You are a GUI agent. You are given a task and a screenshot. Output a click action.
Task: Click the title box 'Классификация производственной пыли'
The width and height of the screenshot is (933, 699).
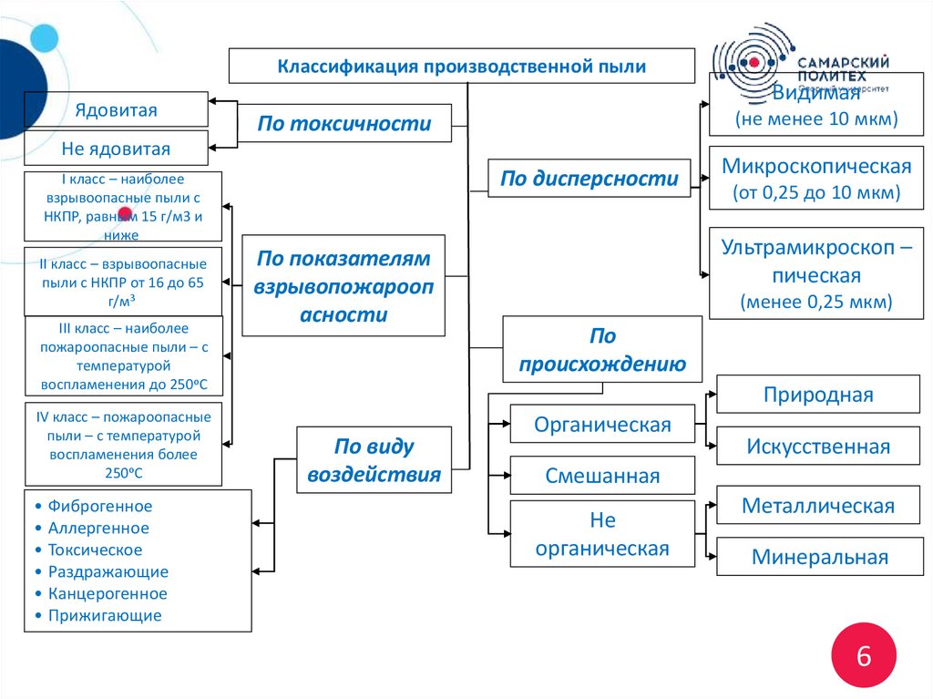point(461,67)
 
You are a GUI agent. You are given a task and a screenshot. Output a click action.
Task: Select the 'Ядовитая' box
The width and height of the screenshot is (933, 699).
point(116,110)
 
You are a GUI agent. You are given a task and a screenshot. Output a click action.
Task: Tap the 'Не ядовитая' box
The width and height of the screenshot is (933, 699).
point(116,149)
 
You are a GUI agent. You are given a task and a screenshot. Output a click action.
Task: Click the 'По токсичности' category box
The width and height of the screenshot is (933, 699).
point(344,124)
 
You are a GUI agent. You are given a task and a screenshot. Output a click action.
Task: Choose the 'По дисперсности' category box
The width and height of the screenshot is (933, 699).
point(590,179)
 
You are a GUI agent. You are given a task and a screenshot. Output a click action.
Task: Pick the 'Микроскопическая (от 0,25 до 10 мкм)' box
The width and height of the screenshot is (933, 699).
point(816,179)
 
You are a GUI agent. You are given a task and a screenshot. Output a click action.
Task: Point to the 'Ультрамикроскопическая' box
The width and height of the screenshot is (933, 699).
point(816,273)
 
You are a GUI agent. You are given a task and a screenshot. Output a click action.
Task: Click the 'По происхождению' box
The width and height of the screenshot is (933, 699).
point(602,350)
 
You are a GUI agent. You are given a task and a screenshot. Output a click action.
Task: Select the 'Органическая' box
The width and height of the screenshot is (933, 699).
point(602,424)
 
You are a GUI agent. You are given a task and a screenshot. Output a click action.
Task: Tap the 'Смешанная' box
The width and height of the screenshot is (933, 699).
point(602,475)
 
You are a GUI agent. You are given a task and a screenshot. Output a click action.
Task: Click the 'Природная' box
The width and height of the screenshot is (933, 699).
point(817,395)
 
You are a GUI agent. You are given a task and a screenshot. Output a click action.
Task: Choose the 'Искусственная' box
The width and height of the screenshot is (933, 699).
point(817,447)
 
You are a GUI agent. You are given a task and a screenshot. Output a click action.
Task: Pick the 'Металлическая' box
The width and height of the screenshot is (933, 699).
point(817,506)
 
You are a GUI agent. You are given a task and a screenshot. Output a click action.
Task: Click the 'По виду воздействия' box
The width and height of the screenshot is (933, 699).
point(374,460)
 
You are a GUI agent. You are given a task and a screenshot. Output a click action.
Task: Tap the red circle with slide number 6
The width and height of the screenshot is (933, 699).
point(863,655)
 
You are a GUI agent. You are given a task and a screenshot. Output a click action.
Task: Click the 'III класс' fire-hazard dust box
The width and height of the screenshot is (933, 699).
point(123,356)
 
